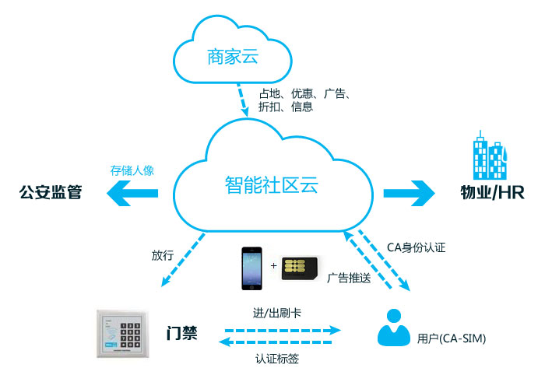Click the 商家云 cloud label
point(232,57)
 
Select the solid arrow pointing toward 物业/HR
point(409,191)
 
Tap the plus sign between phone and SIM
point(273,266)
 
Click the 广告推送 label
point(348,278)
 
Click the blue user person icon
point(394,328)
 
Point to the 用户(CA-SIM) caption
point(452,338)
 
